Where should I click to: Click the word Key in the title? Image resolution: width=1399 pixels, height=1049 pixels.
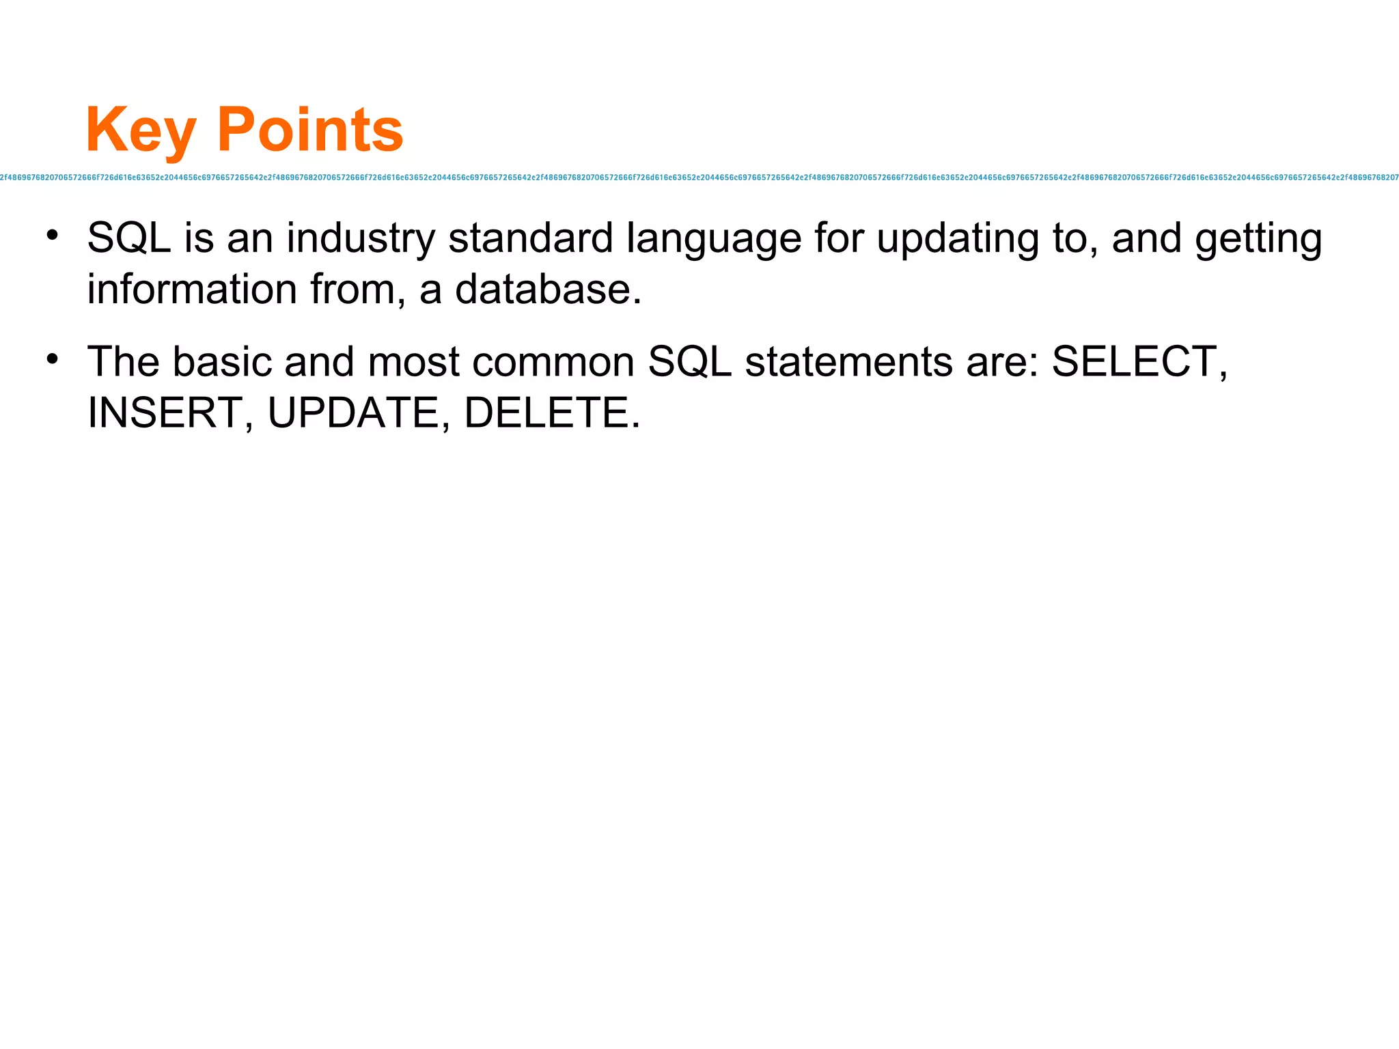point(141,130)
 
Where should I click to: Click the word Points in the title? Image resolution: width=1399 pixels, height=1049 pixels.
point(310,130)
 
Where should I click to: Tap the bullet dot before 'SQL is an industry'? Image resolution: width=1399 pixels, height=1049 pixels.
point(53,236)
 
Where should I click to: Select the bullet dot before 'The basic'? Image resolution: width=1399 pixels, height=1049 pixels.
point(53,359)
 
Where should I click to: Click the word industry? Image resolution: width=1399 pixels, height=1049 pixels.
point(360,239)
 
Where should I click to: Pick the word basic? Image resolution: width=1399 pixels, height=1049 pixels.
point(221,361)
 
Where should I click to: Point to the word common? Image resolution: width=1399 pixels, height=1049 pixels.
point(553,363)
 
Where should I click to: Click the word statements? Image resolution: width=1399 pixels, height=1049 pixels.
point(848,361)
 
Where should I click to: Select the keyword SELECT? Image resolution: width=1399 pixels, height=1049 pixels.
point(1134,361)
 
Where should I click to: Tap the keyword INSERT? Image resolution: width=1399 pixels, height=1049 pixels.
point(165,412)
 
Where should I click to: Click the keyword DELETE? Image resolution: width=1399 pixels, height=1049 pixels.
point(547,412)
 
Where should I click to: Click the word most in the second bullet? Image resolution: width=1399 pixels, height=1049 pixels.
point(413,361)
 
